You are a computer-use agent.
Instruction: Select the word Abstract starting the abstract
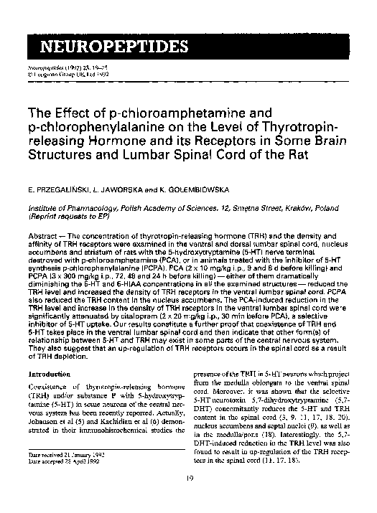42,234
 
